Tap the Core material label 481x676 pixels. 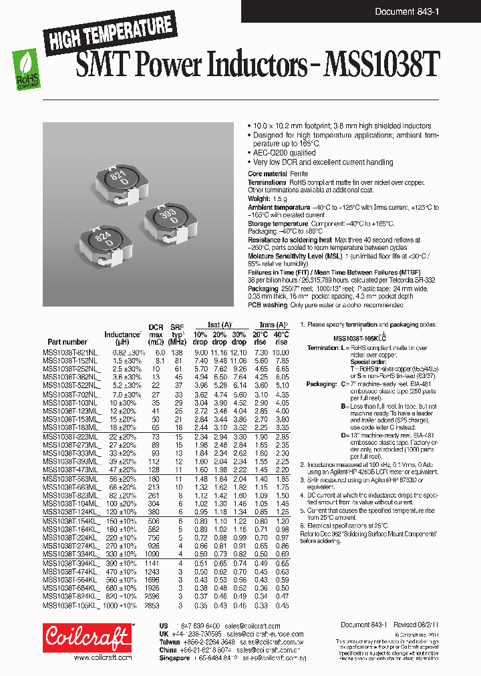point(269,174)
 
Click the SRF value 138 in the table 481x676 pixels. point(176,352)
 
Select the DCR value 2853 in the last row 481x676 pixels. point(154,606)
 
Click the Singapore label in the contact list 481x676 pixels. point(173,657)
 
